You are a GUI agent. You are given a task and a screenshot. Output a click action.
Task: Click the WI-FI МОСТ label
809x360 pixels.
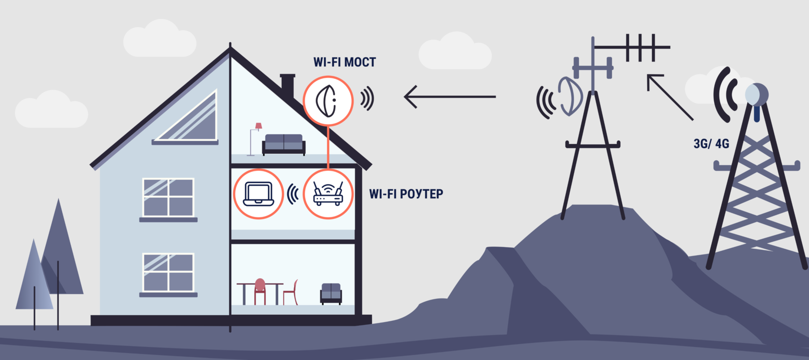tap(344, 62)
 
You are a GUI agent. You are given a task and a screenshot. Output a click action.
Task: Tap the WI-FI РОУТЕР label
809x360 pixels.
tap(406, 194)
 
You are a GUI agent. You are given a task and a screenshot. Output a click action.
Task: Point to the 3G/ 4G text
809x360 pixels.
tap(711, 143)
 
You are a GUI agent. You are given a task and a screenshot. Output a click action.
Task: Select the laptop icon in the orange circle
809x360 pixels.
tap(259, 194)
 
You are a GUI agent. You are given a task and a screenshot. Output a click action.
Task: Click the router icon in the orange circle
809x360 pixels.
tap(328, 194)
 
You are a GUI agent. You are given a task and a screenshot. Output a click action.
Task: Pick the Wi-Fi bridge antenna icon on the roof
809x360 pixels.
tap(328, 101)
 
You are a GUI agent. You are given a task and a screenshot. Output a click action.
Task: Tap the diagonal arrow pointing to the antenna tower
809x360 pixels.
tap(669, 96)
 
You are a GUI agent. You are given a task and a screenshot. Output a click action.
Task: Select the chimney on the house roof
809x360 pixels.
tap(287, 85)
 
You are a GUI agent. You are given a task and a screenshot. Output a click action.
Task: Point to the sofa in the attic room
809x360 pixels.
tap(284, 144)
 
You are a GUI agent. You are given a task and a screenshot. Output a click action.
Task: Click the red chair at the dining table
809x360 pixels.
tap(260, 291)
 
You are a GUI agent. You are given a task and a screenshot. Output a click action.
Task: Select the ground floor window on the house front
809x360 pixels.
tap(169, 273)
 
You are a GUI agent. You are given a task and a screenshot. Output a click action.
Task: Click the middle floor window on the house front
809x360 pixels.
tap(169, 197)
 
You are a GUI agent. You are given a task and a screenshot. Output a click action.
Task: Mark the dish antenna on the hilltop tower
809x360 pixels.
tap(570, 96)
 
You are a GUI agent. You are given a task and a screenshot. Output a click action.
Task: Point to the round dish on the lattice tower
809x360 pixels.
tap(757, 94)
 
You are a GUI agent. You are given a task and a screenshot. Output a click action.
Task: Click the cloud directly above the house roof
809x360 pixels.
tap(159, 39)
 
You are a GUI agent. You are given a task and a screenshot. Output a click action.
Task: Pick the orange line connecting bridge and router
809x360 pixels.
tap(328, 147)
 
